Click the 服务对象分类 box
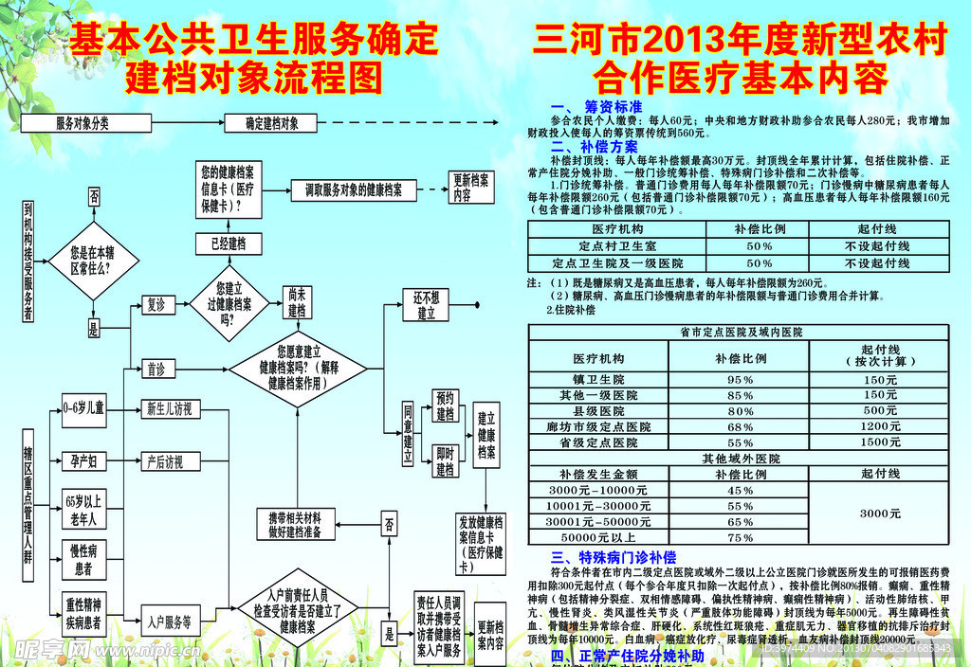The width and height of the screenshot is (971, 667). (x=82, y=123)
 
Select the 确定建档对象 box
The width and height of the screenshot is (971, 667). (x=272, y=123)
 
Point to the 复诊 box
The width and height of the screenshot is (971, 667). (x=155, y=305)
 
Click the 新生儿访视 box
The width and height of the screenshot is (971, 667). (x=169, y=409)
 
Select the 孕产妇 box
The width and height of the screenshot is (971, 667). (x=83, y=461)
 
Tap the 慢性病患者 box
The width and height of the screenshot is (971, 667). (x=83, y=559)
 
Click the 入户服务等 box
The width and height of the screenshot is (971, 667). (x=169, y=622)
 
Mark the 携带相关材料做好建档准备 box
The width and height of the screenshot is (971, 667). (x=295, y=525)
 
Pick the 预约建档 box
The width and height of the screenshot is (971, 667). (x=446, y=406)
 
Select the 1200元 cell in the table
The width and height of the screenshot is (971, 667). (x=881, y=426)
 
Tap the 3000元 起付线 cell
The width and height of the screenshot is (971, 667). (x=881, y=513)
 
